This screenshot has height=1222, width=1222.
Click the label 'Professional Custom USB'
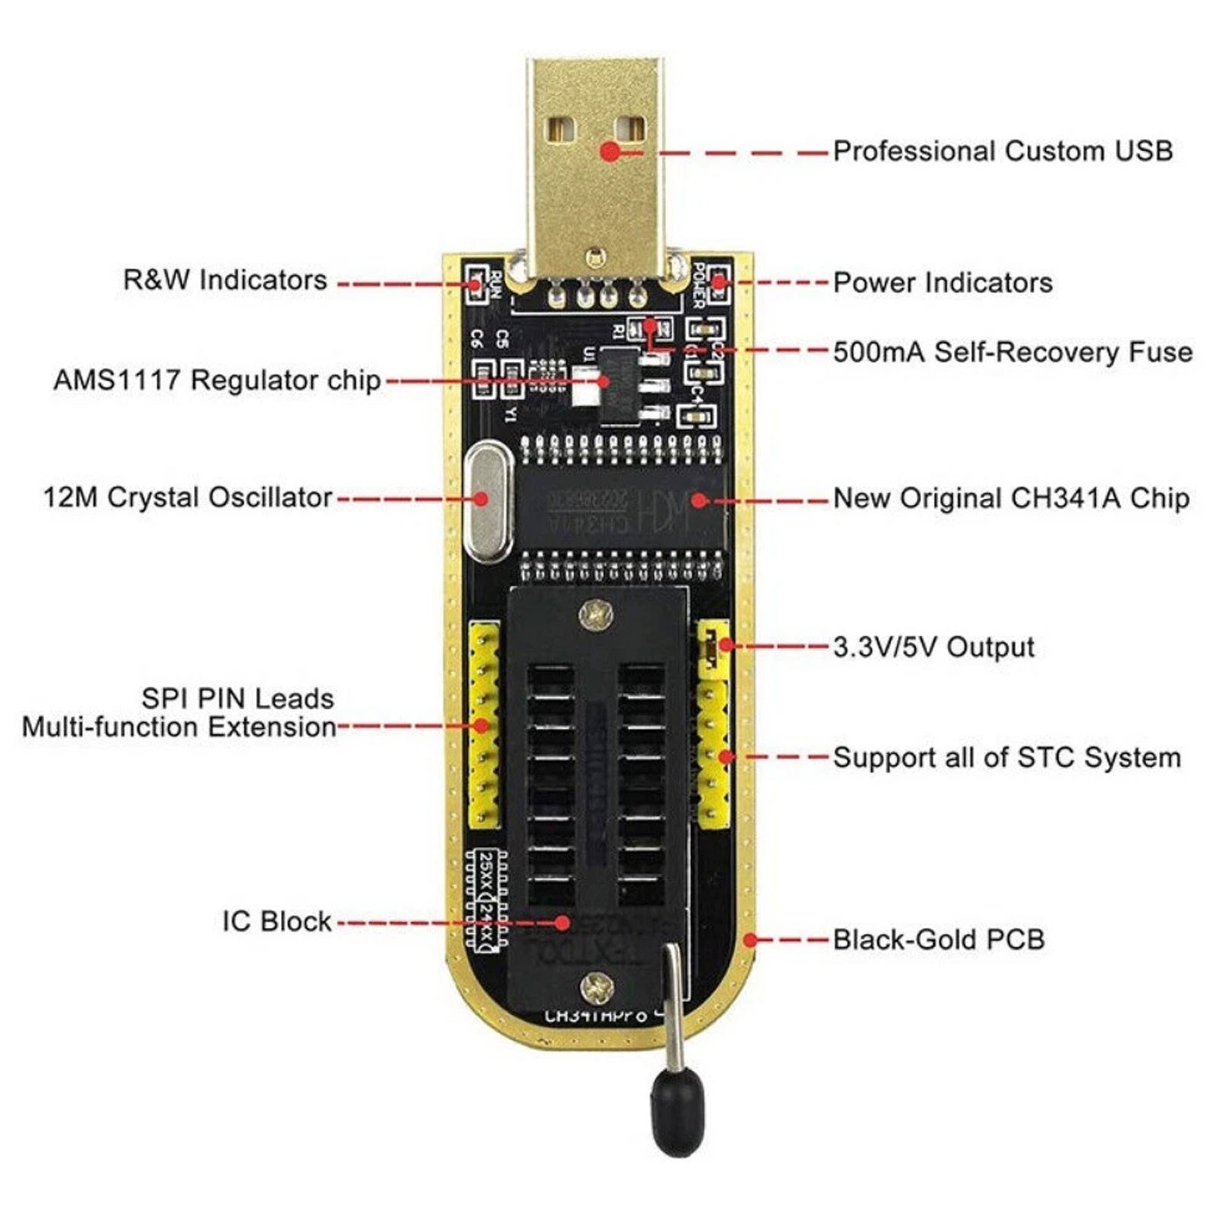click(1002, 150)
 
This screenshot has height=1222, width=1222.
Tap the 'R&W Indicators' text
click(225, 280)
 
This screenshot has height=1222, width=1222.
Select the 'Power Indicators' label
click(942, 283)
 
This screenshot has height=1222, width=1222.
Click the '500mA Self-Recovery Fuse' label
click(1012, 352)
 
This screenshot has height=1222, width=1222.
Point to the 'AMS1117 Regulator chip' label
click(217, 380)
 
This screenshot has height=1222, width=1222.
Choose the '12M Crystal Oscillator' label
click(187, 497)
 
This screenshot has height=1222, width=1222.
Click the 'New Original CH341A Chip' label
click(1010, 498)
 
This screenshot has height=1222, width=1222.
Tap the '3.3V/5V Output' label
click(933, 647)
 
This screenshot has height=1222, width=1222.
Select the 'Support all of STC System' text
click(1006, 758)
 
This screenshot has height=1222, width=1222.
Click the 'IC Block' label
click(276, 921)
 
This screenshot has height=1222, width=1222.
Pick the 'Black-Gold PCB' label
click(938, 939)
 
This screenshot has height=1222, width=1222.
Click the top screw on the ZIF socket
click(596, 613)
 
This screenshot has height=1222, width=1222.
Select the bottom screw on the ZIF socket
click(596, 988)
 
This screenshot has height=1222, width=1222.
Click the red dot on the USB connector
click(609, 151)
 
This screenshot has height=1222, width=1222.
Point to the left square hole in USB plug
click(561, 128)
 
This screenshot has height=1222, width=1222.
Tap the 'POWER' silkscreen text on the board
click(698, 284)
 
